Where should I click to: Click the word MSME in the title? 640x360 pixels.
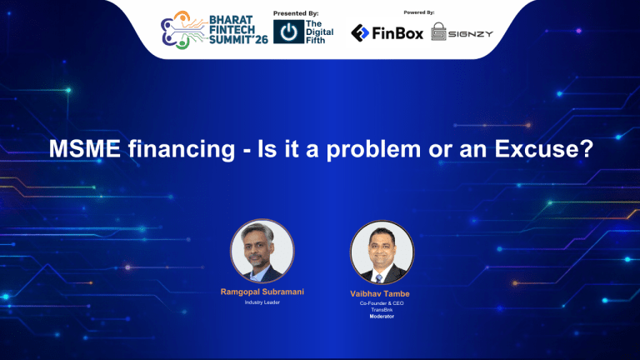(x=85, y=150)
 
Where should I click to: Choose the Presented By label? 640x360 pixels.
(x=296, y=12)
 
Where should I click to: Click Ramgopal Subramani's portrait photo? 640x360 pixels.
(x=262, y=251)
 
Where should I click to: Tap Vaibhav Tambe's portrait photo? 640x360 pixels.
(x=382, y=252)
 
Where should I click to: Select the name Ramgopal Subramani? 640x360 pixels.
(x=262, y=292)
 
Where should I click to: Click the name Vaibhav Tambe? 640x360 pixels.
(x=382, y=294)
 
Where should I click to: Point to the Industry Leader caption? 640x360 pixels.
(x=262, y=302)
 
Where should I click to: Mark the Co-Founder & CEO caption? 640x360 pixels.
(x=382, y=304)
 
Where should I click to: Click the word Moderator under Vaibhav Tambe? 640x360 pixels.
(x=382, y=317)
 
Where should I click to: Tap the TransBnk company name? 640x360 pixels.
(x=382, y=310)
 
